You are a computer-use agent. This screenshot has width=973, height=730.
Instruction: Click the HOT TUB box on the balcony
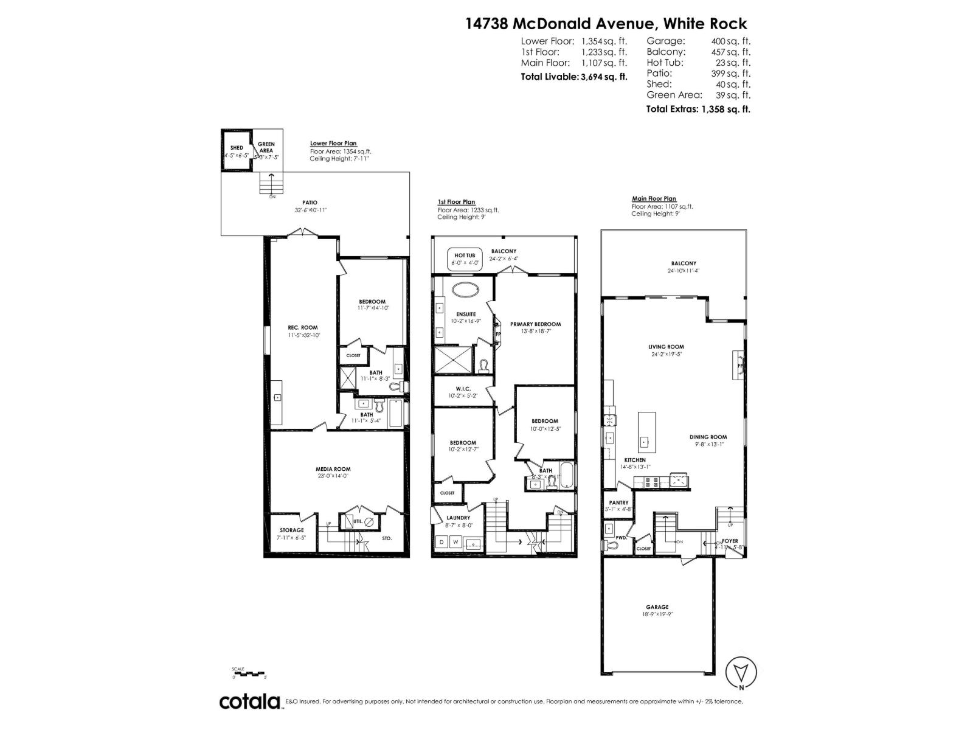tap(465, 259)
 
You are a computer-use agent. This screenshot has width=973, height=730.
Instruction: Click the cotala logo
tap(250, 701)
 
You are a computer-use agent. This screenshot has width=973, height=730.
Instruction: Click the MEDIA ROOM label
tap(333, 469)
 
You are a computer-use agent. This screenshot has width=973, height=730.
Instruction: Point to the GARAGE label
tap(657, 607)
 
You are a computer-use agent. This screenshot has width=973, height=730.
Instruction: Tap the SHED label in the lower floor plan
tap(237, 148)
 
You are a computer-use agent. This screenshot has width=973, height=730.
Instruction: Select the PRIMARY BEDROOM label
tap(535, 324)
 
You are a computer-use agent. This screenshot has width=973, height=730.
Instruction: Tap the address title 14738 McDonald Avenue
tap(559, 24)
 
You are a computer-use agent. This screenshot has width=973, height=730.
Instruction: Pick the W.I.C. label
tap(463, 389)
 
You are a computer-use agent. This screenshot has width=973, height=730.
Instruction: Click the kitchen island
tap(646, 433)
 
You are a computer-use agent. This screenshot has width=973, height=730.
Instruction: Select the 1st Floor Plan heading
tap(456, 202)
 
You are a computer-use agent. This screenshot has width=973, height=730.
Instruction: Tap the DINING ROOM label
tap(708, 437)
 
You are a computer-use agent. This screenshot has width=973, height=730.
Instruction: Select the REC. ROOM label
tap(303, 327)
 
